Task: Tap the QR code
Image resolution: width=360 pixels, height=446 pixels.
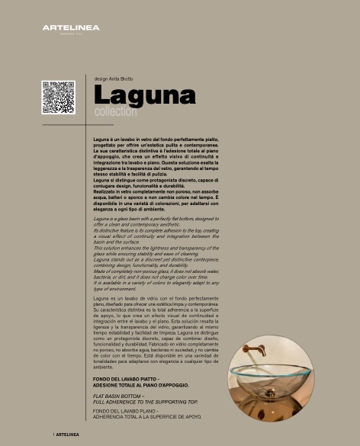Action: [x=58, y=97]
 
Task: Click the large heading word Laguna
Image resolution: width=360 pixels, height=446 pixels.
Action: [x=145, y=96]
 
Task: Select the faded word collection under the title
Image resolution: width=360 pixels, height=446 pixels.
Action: [x=115, y=112]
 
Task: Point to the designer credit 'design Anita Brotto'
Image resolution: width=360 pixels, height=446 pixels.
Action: [x=114, y=79]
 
